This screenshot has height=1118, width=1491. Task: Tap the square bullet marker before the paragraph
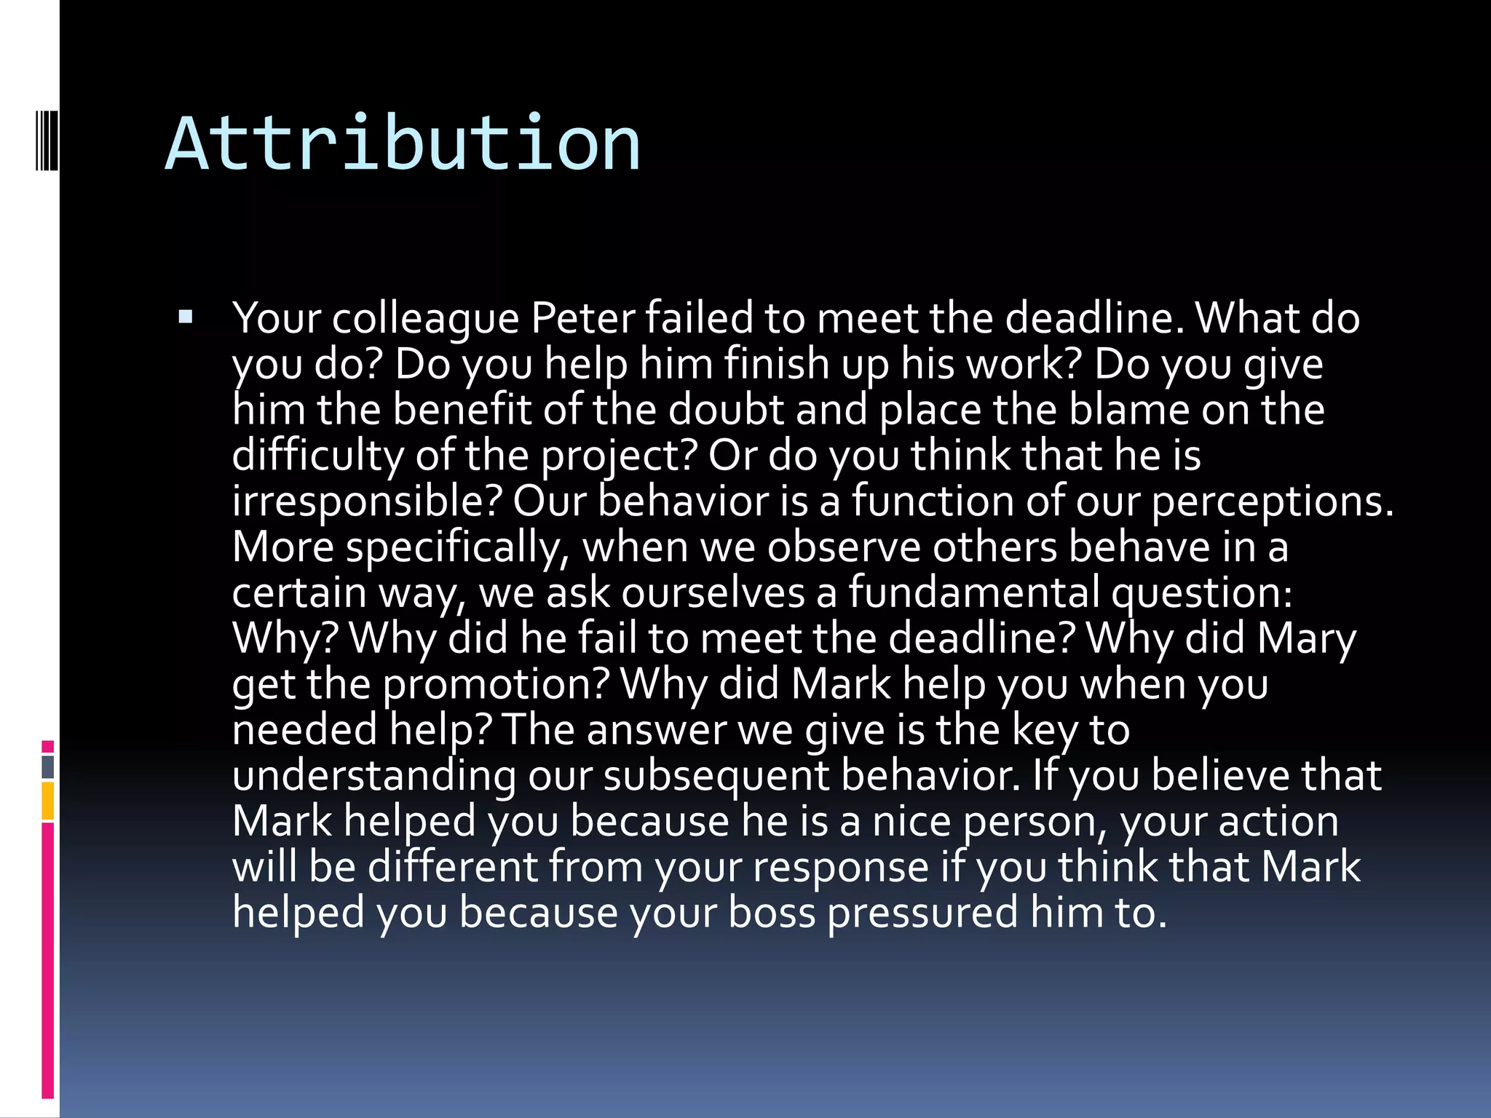tap(185, 317)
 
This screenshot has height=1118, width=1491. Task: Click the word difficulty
tap(317, 456)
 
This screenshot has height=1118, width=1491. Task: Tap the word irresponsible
tap(368, 501)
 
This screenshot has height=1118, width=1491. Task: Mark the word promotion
tap(496, 684)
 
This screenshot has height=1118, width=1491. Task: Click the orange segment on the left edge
tap(47, 801)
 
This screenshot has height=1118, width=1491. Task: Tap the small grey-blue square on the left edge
tap(47, 767)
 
